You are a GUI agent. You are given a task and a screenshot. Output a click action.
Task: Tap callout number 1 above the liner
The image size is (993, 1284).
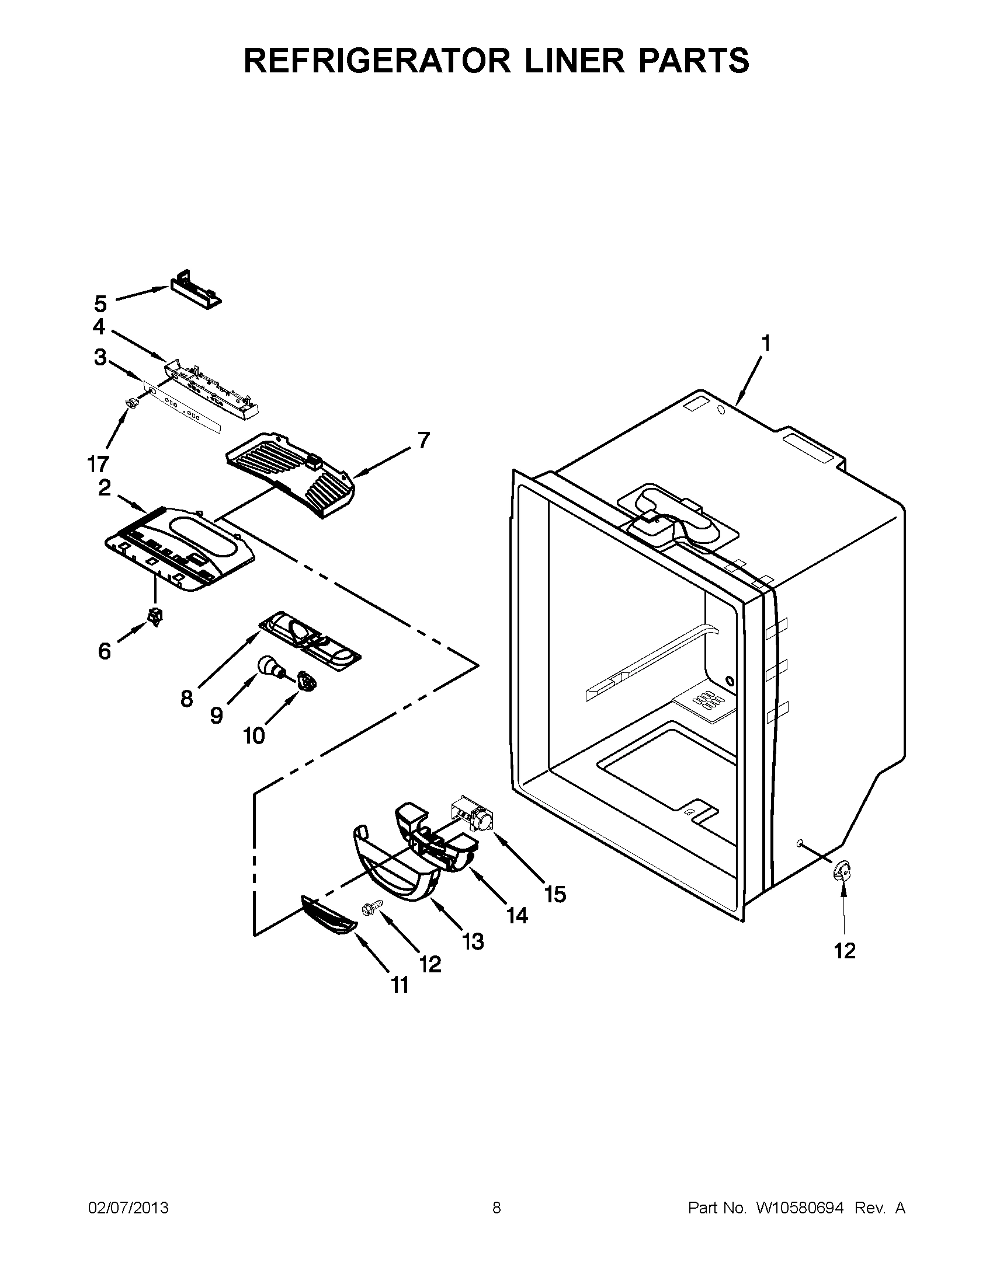(x=765, y=343)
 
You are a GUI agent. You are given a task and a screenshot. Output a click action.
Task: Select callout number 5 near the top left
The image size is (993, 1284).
(x=100, y=304)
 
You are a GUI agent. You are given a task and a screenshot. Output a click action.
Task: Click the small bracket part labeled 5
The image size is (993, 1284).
(x=196, y=289)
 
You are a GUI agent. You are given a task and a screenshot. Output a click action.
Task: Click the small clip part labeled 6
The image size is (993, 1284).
(x=155, y=616)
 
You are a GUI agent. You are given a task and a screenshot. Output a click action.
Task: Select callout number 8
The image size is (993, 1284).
(x=186, y=699)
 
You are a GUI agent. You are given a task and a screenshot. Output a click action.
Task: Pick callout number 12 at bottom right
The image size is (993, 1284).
(x=845, y=951)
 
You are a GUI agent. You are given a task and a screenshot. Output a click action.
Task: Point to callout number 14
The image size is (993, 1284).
(x=518, y=915)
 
